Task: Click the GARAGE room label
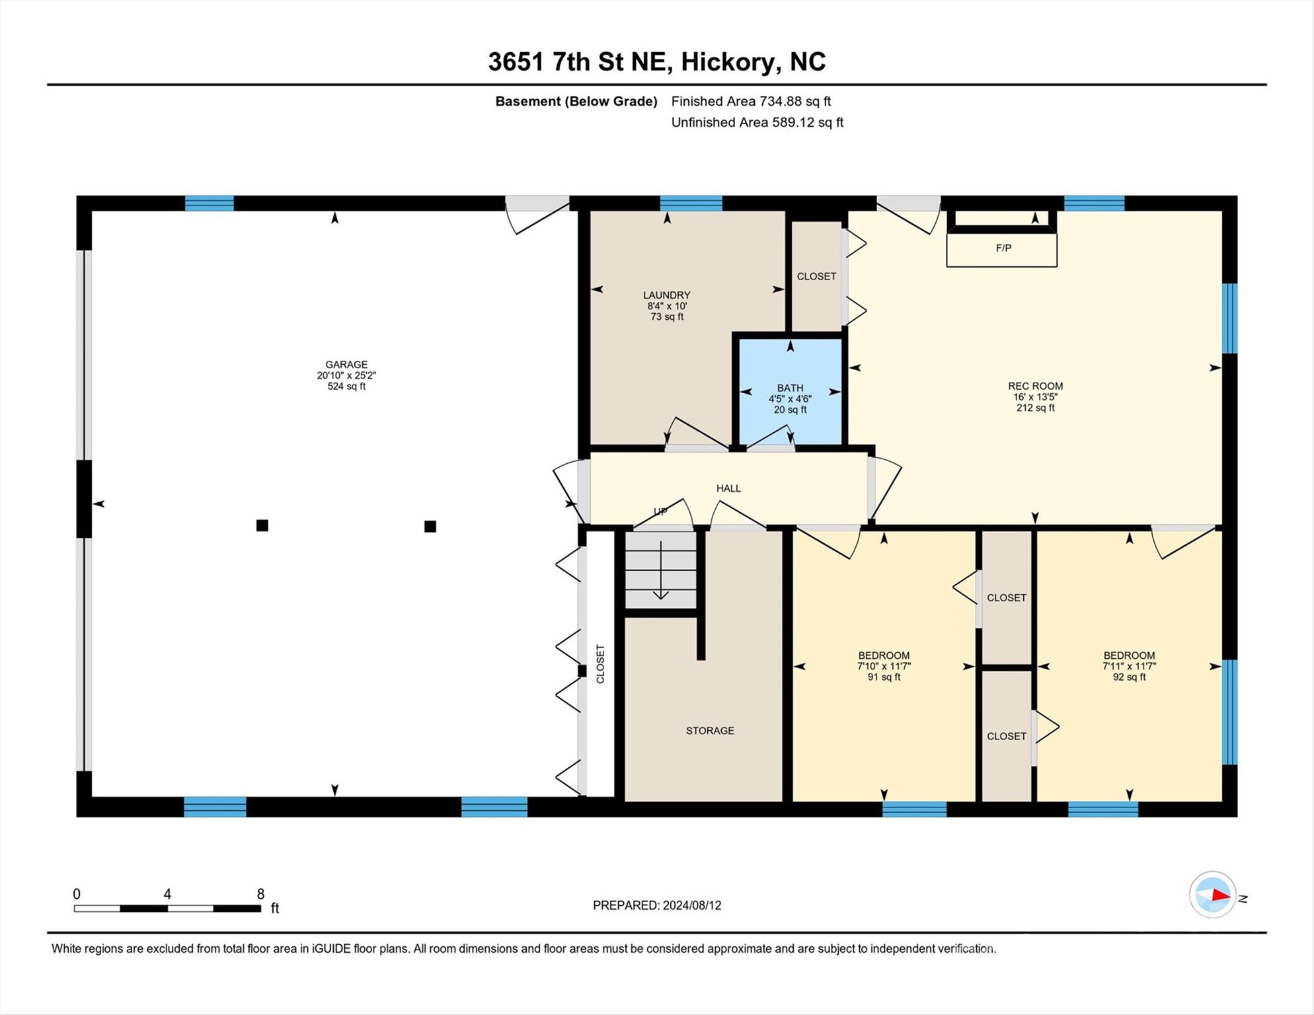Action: [x=346, y=365]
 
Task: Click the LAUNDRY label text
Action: [x=666, y=295]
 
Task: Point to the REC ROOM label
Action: [x=1035, y=387]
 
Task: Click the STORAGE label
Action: [x=710, y=731]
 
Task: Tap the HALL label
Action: [x=728, y=488]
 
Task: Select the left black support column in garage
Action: [x=262, y=526]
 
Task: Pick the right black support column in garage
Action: [x=430, y=527]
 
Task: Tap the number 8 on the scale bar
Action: [x=260, y=894]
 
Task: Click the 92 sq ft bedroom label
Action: [x=1129, y=677]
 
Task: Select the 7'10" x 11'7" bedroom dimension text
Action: [x=884, y=667]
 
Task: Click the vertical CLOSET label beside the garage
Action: [x=600, y=664]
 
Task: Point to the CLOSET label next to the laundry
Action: [x=816, y=277]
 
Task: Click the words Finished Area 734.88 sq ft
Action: [x=751, y=101]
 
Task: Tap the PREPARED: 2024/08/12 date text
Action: [x=657, y=905]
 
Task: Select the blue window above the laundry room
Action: [x=691, y=203]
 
